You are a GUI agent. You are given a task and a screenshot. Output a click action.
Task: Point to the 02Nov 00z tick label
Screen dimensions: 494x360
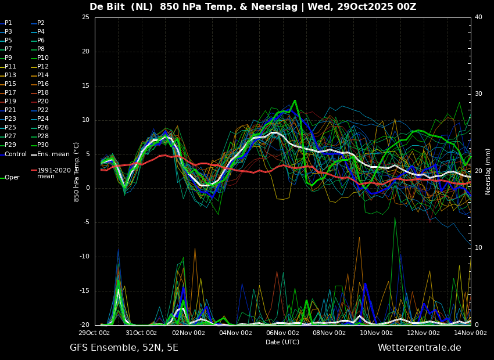pyautogui.click(x=188, y=333)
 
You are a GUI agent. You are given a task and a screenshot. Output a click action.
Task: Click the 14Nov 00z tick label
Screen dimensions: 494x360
pyautogui.click(x=470, y=333)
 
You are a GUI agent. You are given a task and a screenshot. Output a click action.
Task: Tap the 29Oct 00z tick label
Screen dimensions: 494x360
pyautogui.click(x=94, y=333)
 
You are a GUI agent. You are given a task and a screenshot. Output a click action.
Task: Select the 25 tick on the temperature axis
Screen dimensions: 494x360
pyautogui.click(x=85, y=17)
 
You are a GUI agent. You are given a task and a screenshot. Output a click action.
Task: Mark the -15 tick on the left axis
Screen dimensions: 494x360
pyautogui.click(x=84, y=291)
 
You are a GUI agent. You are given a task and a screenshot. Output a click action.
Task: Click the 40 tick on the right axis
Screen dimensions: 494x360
pyautogui.click(x=478, y=17)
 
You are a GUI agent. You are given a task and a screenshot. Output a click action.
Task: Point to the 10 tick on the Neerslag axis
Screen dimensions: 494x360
pyautogui.click(x=478, y=248)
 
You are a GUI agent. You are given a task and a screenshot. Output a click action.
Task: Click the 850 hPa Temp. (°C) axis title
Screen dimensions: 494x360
pyautogui.click(x=76, y=172)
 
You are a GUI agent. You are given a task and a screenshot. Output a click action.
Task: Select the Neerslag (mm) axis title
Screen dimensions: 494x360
pyautogui.click(x=488, y=171)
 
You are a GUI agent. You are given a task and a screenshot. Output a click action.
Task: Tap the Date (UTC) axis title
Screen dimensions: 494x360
pyautogui.click(x=282, y=342)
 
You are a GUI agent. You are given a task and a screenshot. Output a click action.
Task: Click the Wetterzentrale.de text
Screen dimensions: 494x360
pyautogui.click(x=420, y=348)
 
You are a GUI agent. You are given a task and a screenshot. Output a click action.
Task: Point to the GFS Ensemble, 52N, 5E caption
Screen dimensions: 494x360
pyautogui.click(x=124, y=348)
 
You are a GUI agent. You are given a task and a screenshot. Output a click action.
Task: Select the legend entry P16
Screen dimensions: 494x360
pyautogui.click(x=43, y=84)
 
